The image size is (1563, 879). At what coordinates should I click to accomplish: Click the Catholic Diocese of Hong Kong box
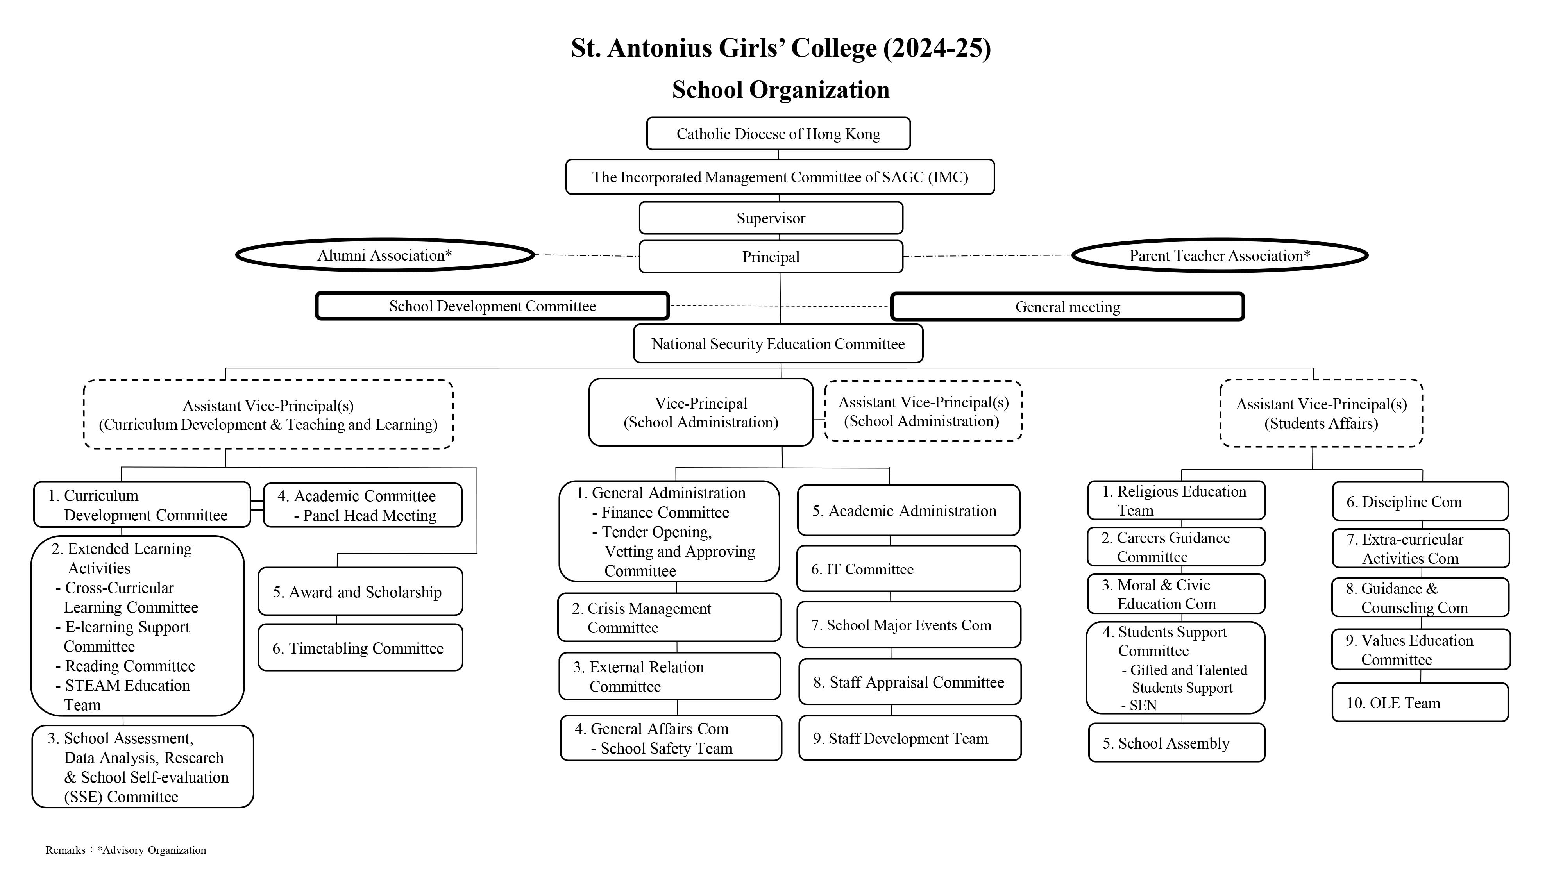[778, 134]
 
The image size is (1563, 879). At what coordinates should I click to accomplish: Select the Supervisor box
[771, 218]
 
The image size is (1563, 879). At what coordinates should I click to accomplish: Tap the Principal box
[771, 257]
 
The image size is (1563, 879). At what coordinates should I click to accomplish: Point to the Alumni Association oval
[384, 255]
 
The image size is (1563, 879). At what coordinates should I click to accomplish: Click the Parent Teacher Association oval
[1220, 255]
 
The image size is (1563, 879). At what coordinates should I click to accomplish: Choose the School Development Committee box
[492, 306]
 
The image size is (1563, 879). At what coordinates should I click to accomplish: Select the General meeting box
[1067, 306]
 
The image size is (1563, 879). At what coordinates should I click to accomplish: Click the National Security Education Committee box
[778, 343]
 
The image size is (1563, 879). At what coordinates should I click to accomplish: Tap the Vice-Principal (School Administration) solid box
[701, 413]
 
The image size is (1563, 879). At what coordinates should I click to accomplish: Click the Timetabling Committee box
[360, 647]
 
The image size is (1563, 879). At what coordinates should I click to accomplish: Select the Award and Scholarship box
[360, 591]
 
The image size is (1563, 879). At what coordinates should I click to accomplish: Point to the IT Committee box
[908, 568]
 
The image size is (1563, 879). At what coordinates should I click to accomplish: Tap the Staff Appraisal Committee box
[910, 682]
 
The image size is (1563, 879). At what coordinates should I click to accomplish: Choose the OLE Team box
[1420, 702]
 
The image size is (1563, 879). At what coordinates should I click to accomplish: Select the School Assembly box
[1177, 743]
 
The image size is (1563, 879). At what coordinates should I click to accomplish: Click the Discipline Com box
[1420, 501]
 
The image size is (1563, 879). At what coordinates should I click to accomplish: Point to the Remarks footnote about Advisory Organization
[126, 850]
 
